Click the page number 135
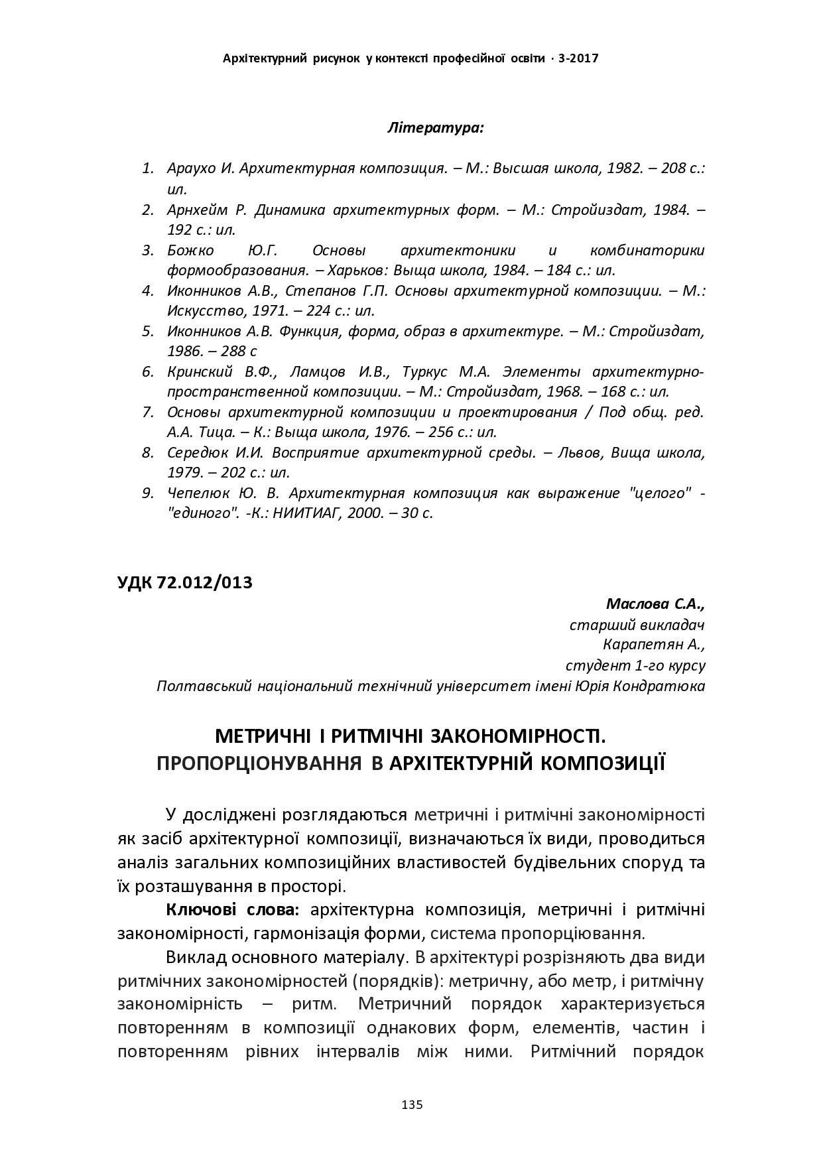tap(412, 1104)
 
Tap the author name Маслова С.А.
tap(655, 604)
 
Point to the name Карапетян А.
tap(654, 645)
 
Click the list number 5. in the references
tap(147, 331)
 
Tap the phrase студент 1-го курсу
tap(635, 665)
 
